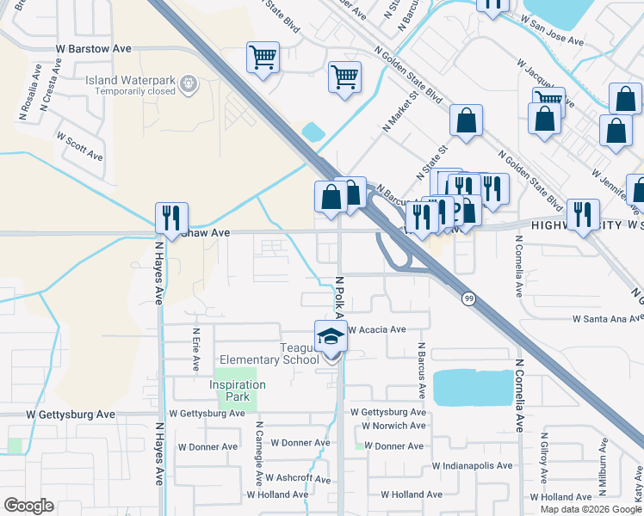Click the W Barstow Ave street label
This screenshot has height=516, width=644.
(x=94, y=49)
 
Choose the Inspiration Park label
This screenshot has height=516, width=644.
(x=230, y=390)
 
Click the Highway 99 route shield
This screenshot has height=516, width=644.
(x=468, y=298)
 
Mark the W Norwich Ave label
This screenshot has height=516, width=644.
(x=393, y=426)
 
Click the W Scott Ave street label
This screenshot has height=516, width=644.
(x=79, y=146)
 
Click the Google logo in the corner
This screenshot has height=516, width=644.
(x=28, y=505)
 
